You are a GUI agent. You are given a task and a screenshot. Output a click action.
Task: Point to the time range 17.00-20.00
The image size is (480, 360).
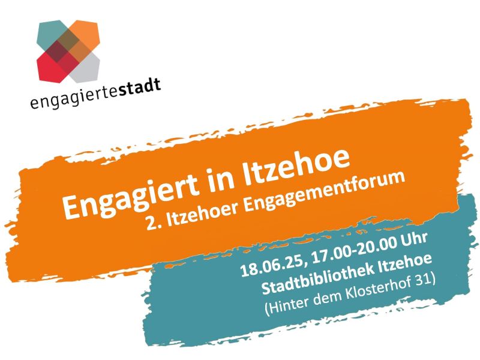coord(355,250)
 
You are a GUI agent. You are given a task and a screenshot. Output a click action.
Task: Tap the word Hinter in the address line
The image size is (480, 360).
coord(284,305)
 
